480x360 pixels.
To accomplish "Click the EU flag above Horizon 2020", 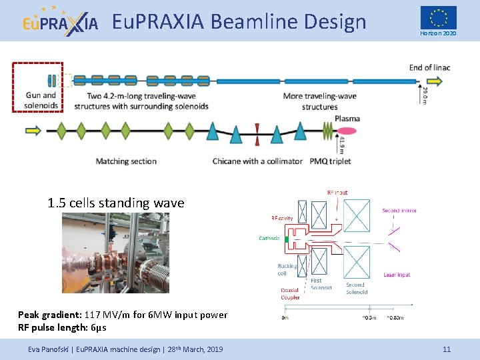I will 438,17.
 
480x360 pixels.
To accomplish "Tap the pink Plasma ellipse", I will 347,119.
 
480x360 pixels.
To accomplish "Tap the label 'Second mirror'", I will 399,211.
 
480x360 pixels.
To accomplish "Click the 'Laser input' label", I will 397,275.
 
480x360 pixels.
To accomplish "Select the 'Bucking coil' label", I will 287,269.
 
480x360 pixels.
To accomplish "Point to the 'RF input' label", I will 337,192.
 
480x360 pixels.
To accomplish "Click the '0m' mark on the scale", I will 285,317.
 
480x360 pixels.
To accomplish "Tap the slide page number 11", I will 447,349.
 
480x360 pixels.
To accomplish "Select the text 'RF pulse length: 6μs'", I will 62,327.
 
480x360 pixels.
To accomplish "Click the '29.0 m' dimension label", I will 426,95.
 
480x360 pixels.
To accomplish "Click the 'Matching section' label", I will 126,161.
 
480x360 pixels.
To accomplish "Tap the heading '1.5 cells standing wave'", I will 116,203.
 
